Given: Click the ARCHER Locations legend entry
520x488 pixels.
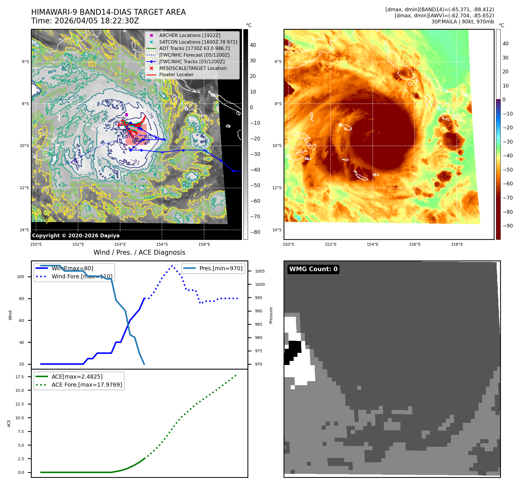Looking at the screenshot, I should [x=190, y=35].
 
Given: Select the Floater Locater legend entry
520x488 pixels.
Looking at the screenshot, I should [x=176, y=74].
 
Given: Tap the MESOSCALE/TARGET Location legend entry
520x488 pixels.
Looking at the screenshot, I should [x=193, y=68].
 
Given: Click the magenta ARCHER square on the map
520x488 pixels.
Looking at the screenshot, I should [x=126, y=115].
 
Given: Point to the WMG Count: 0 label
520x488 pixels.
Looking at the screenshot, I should [x=313, y=269].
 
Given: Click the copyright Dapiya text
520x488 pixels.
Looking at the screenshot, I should [x=76, y=236].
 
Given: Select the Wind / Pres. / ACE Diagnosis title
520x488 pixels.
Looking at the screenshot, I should [x=139, y=252].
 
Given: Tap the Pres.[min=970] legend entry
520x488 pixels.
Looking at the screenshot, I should [x=221, y=268].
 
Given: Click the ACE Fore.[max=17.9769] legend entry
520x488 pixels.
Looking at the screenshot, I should [x=87, y=385].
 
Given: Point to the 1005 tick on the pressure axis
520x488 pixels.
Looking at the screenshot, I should [x=260, y=271].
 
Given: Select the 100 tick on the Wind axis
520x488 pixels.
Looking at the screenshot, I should [x=20, y=277].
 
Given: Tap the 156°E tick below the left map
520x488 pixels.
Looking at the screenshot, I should [x=162, y=244].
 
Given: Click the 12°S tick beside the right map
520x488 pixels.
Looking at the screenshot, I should [x=277, y=188].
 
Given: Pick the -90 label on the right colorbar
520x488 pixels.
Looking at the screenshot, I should [x=508, y=226].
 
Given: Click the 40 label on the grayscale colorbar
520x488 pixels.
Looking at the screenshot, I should [x=253, y=45].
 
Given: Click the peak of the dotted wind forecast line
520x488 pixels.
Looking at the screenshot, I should [x=172, y=265].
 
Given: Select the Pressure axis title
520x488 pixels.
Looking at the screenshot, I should [x=271, y=315].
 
